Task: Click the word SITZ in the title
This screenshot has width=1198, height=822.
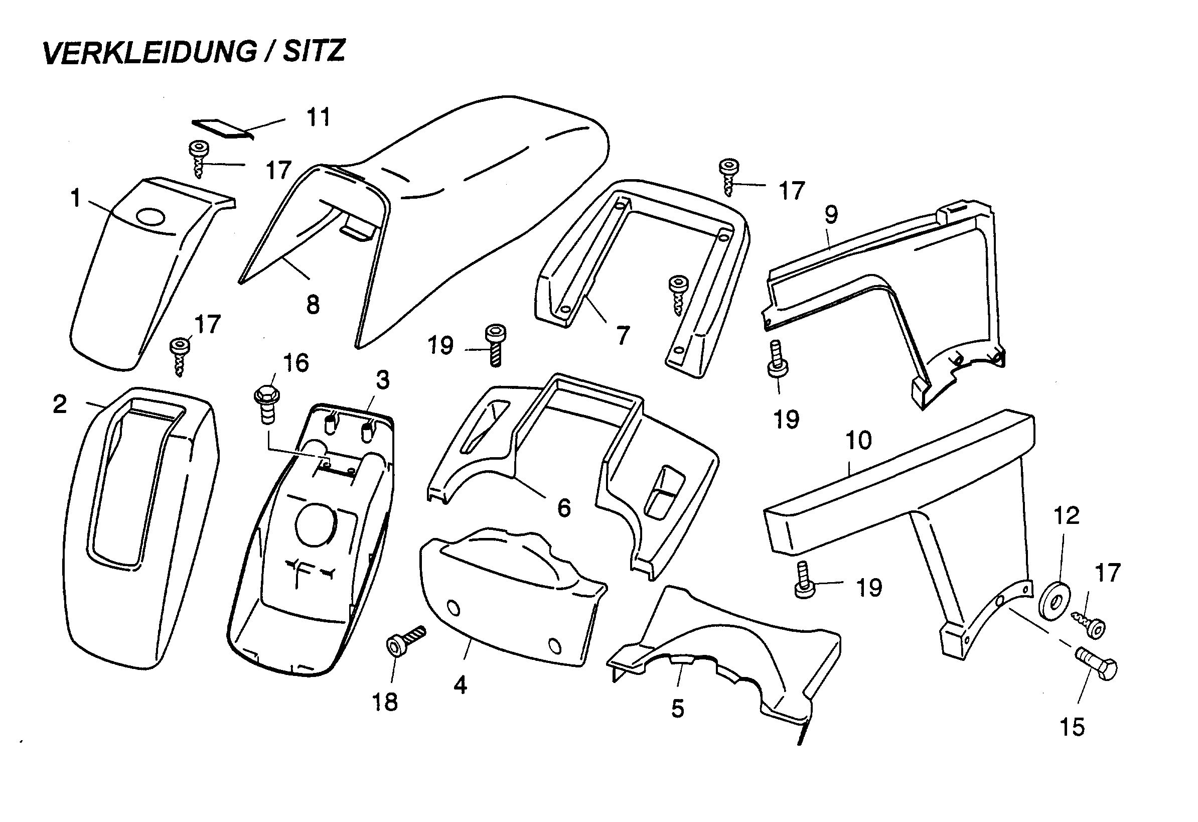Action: coord(314,52)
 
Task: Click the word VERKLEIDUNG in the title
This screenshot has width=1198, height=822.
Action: coord(149,53)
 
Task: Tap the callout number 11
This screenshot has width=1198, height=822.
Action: coord(318,117)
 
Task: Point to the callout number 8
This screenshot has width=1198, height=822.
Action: coord(313,305)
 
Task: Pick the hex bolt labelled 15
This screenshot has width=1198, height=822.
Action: coord(1097,667)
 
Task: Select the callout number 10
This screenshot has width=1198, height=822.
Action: coord(858,440)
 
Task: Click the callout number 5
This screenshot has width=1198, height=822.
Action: coord(677,709)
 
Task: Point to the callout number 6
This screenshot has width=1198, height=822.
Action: coord(564,508)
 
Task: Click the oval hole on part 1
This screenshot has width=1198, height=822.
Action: coord(152,217)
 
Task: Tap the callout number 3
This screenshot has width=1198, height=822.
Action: coord(382,380)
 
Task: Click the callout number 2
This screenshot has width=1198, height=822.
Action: coord(60,404)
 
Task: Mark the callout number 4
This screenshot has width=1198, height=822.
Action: coord(460,685)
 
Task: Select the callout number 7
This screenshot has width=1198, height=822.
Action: coord(623,336)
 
